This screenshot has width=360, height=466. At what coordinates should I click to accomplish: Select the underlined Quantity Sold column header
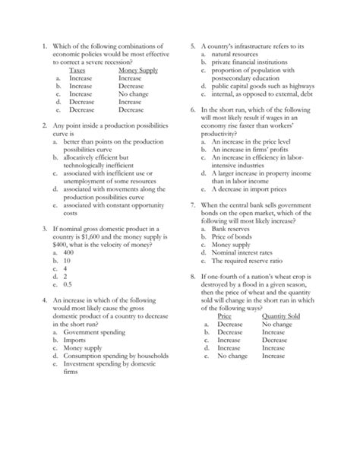pyautogui.click(x=281, y=316)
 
